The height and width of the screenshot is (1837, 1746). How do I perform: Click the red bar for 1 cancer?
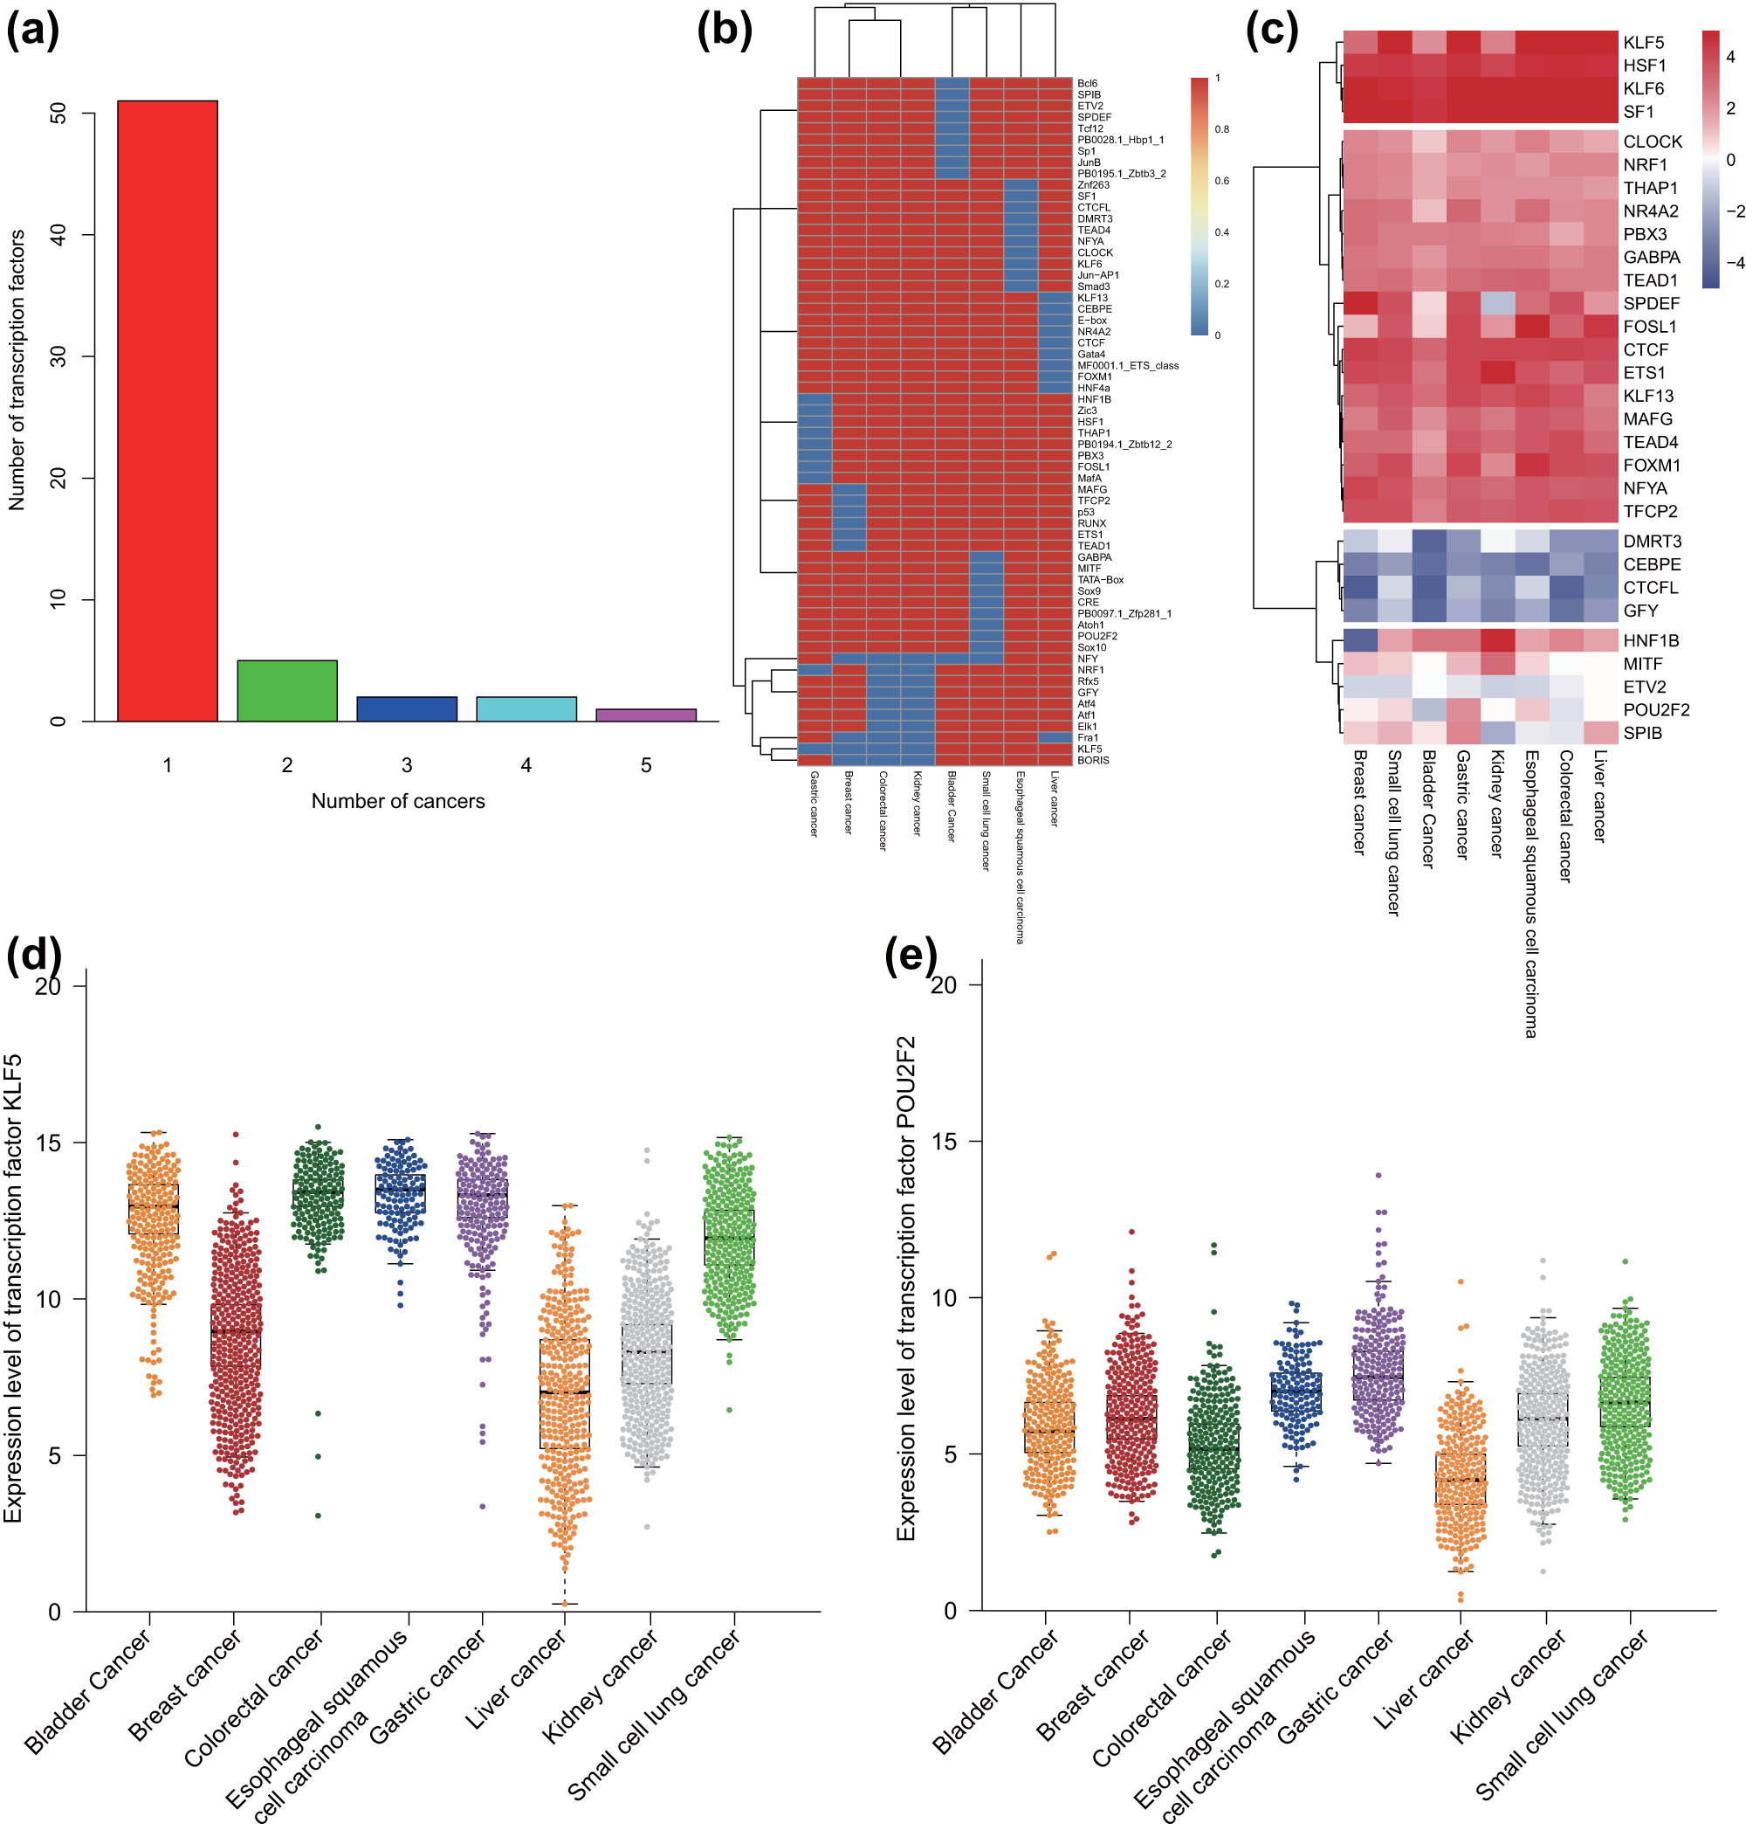[168, 410]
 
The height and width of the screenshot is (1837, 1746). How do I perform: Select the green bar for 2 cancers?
[286, 691]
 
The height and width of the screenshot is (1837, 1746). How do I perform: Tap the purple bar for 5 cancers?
[646, 715]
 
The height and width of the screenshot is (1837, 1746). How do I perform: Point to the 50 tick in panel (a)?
[58, 114]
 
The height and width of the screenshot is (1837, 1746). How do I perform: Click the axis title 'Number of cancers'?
[397, 801]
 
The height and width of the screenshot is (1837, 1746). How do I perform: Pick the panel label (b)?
[723, 30]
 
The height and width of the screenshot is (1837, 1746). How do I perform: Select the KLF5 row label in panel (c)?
[1643, 43]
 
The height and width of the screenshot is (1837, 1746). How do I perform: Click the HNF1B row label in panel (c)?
[1650, 640]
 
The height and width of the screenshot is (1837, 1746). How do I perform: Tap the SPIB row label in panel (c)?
[1642, 733]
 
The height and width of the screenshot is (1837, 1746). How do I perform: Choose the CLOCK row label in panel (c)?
[1652, 142]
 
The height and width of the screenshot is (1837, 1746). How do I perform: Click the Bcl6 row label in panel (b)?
[1087, 84]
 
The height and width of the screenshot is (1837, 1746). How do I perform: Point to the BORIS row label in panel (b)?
[1093, 760]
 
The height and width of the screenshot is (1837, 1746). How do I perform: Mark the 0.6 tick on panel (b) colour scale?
[1221, 181]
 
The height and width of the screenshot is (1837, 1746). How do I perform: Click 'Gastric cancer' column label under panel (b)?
[814, 804]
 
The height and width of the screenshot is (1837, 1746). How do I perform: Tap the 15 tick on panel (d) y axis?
[48, 1143]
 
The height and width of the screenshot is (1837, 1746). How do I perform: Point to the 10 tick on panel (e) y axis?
[943, 1298]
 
